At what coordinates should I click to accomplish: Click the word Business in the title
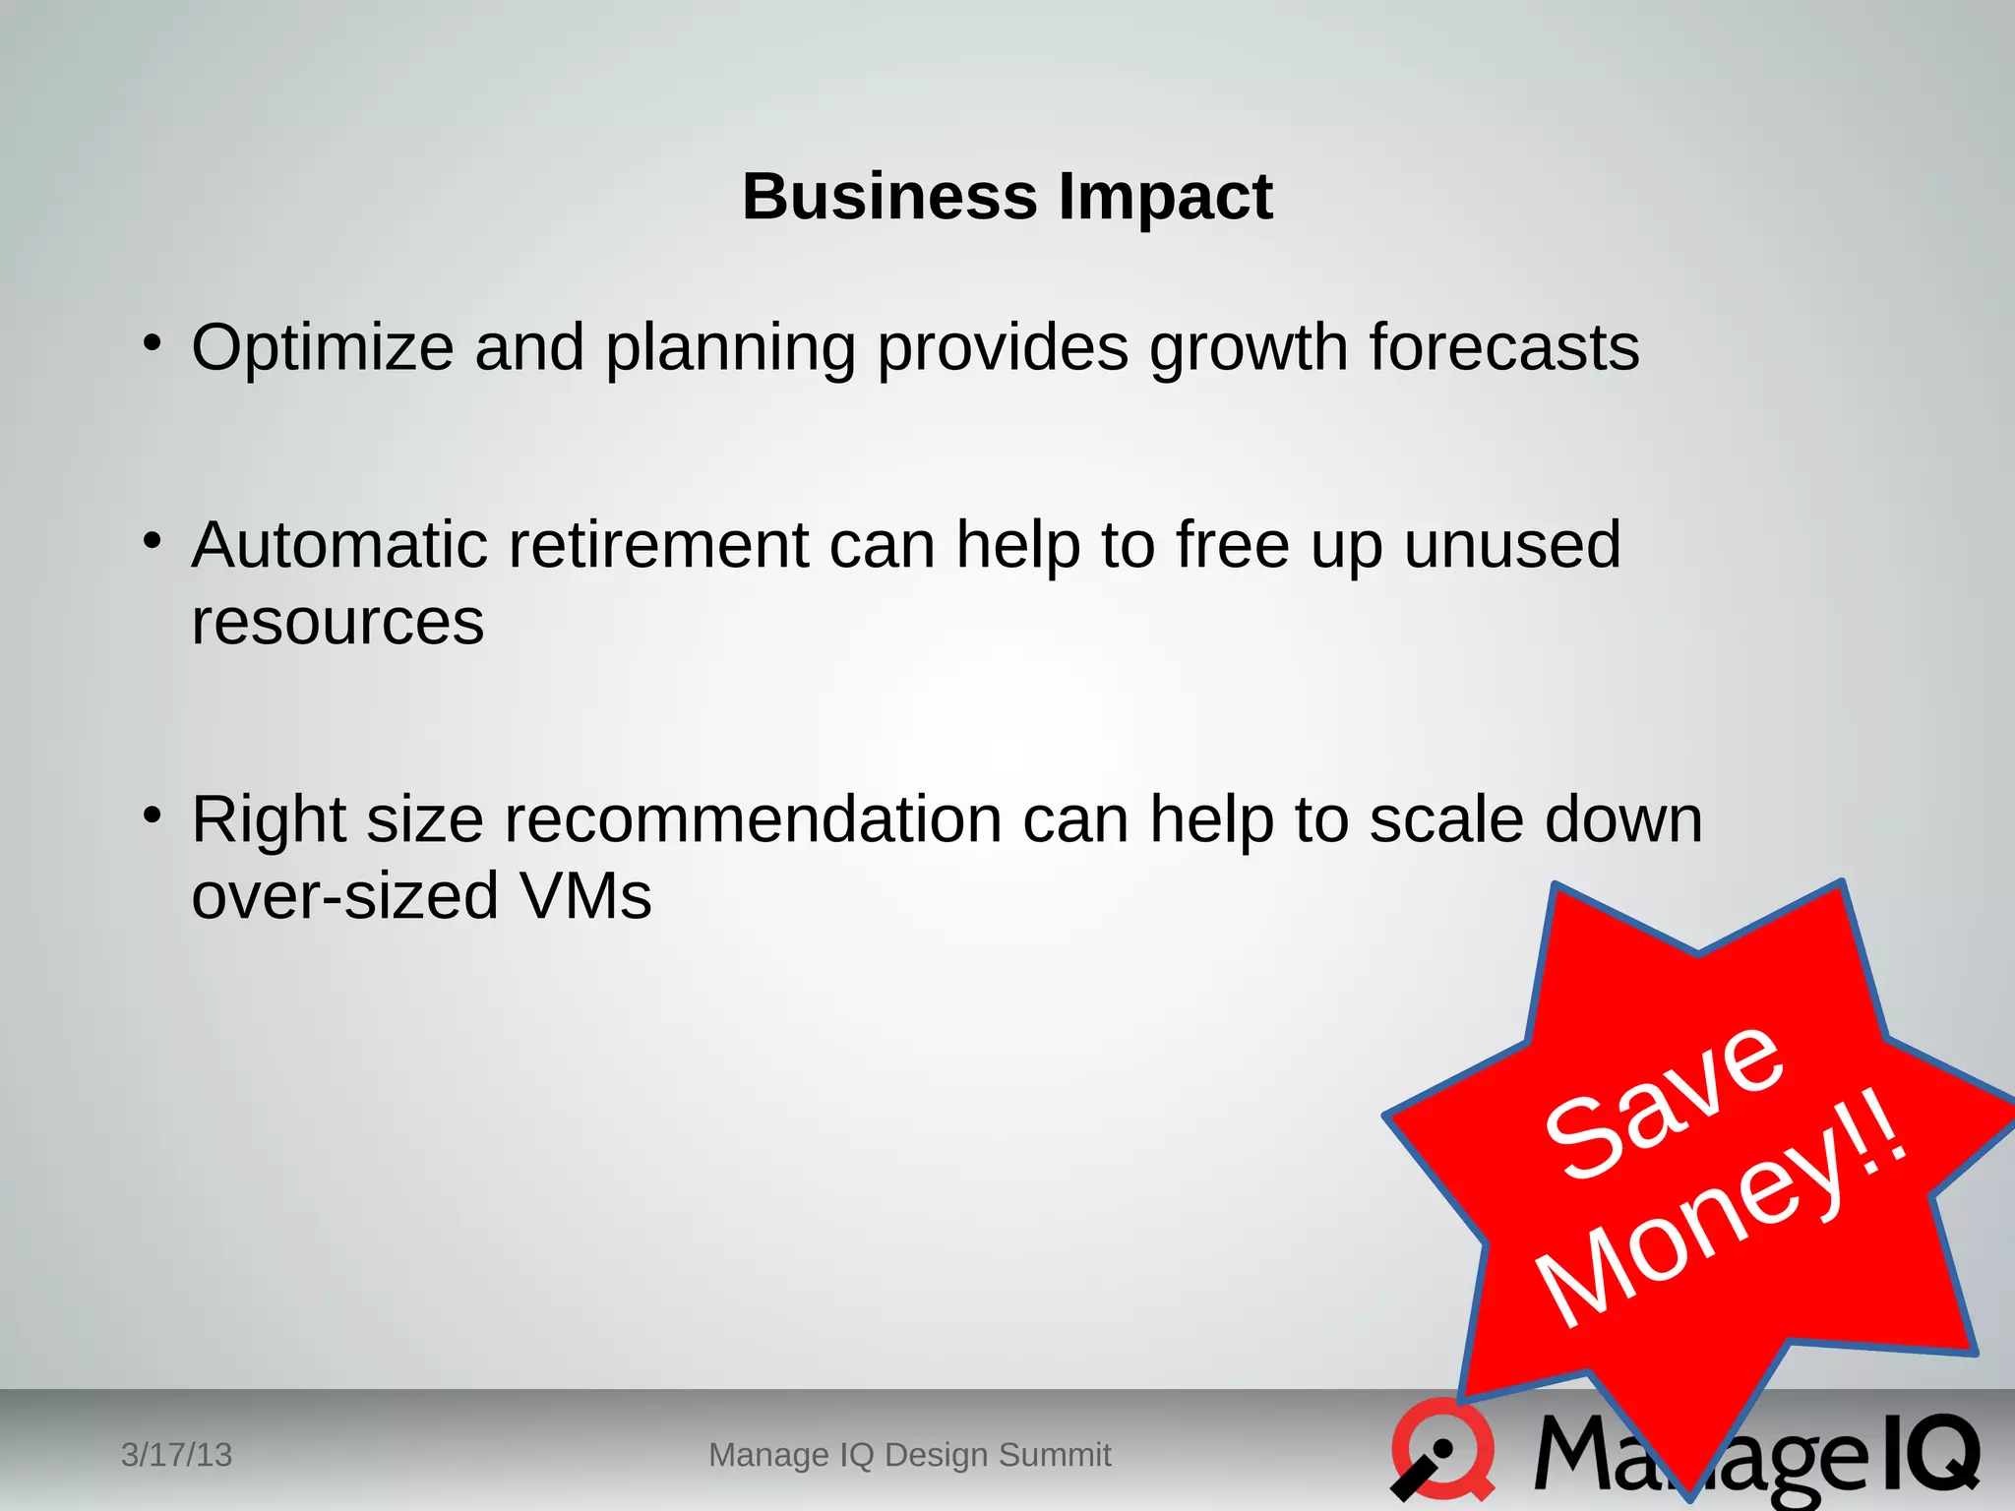pyautogui.click(x=888, y=197)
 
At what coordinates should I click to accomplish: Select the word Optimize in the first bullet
pyautogui.click(x=323, y=349)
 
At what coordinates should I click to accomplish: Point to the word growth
pyautogui.click(x=1249, y=350)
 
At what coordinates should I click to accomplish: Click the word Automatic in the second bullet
pyautogui.click(x=339, y=545)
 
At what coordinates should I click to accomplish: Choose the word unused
pyautogui.click(x=1511, y=545)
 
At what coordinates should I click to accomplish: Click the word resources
pyautogui.click(x=337, y=623)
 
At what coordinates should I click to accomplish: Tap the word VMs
pyautogui.click(x=585, y=896)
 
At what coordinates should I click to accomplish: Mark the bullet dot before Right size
pyautogui.click(x=151, y=815)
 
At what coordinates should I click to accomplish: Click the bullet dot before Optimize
pyautogui.click(x=151, y=343)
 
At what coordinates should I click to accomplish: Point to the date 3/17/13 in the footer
pyautogui.click(x=176, y=1455)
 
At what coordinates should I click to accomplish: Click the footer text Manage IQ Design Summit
pyautogui.click(x=909, y=1455)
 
